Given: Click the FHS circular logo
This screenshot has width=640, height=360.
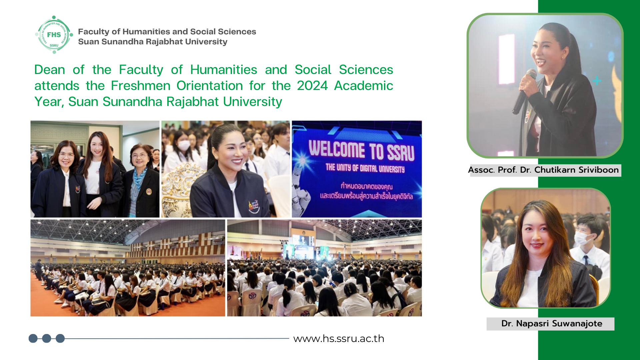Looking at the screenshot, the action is coord(54,35).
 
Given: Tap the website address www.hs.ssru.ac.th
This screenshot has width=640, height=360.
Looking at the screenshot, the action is coord(339,339).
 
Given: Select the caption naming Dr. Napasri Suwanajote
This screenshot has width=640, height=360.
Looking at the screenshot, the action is coord(552,324).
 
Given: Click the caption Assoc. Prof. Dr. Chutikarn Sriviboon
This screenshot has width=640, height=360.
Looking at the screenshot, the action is coord(543,170).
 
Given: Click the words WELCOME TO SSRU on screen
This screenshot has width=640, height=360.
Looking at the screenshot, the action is coord(361,150).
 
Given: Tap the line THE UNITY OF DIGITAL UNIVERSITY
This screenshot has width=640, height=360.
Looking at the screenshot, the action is coord(365,168).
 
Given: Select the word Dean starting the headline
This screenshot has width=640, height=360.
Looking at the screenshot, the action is coord(50,70).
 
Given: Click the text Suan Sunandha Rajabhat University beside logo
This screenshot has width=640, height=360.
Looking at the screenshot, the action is coord(153,42).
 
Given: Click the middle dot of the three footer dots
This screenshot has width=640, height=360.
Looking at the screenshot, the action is coord(47,339).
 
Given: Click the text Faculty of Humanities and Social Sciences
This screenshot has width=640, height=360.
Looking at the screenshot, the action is coord(167,32).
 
